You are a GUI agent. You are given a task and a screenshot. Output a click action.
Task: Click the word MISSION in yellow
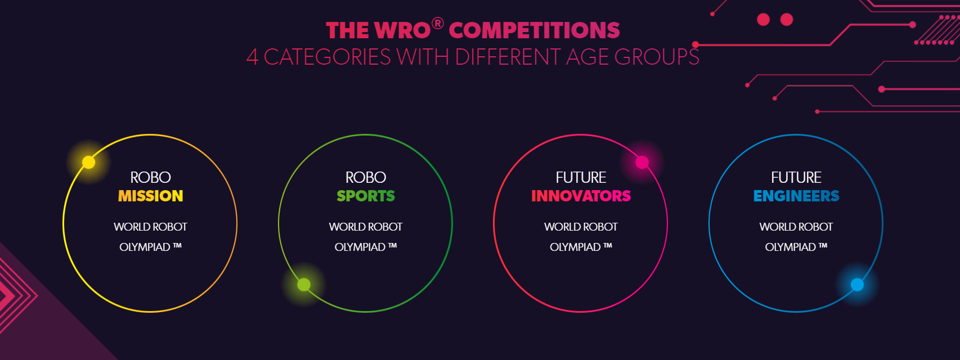(x=150, y=196)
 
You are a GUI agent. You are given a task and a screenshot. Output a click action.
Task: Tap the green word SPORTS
(x=366, y=196)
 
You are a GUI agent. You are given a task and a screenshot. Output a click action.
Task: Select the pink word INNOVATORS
(x=581, y=196)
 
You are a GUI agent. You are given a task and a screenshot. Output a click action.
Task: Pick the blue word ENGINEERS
(x=796, y=196)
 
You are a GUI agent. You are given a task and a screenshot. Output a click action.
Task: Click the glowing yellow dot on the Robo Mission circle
(x=89, y=163)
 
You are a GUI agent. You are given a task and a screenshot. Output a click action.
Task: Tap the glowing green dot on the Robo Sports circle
(x=304, y=285)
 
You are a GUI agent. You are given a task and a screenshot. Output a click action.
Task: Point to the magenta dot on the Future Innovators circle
(x=642, y=163)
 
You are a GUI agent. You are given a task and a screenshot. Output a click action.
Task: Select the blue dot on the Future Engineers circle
(x=857, y=285)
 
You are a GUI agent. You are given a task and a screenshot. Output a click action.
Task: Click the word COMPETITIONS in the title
(x=534, y=30)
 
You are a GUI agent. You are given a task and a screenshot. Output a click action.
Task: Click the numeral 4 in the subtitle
(x=253, y=57)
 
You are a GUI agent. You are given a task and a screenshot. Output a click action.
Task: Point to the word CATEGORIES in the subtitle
(x=327, y=57)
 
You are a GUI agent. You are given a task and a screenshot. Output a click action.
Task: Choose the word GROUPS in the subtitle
(x=657, y=57)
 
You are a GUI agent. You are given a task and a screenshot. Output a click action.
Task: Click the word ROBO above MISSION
(x=150, y=177)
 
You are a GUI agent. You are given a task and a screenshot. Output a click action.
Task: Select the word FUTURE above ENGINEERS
(x=796, y=177)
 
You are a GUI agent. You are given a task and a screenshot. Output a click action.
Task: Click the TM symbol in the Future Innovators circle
(x=607, y=246)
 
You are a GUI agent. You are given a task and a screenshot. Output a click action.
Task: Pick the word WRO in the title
(x=402, y=30)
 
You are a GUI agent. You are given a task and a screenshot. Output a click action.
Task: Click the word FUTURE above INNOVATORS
(x=581, y=177)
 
